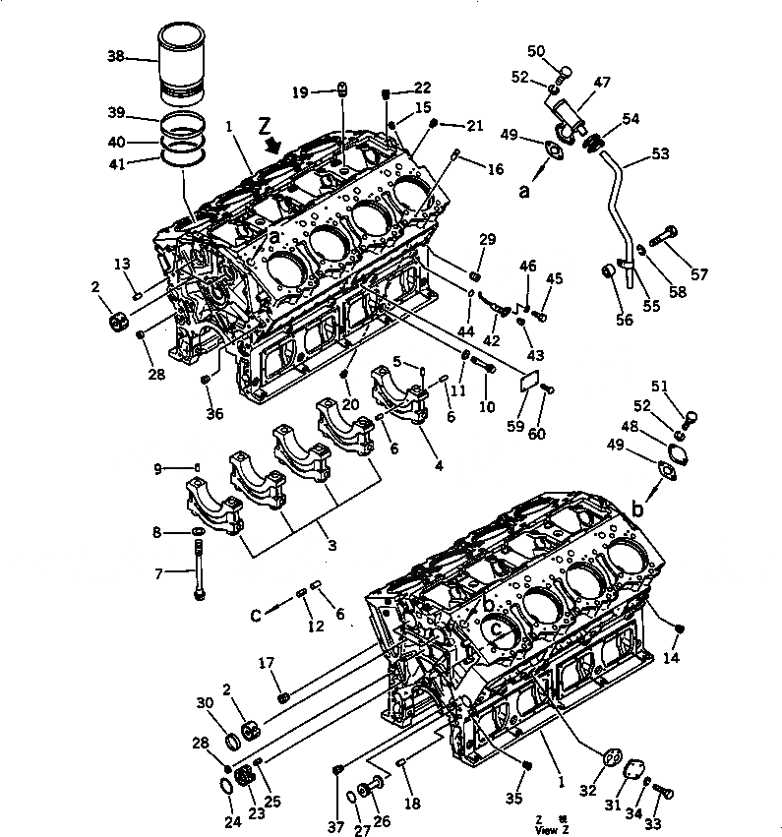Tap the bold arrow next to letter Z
[x=272, y=146]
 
